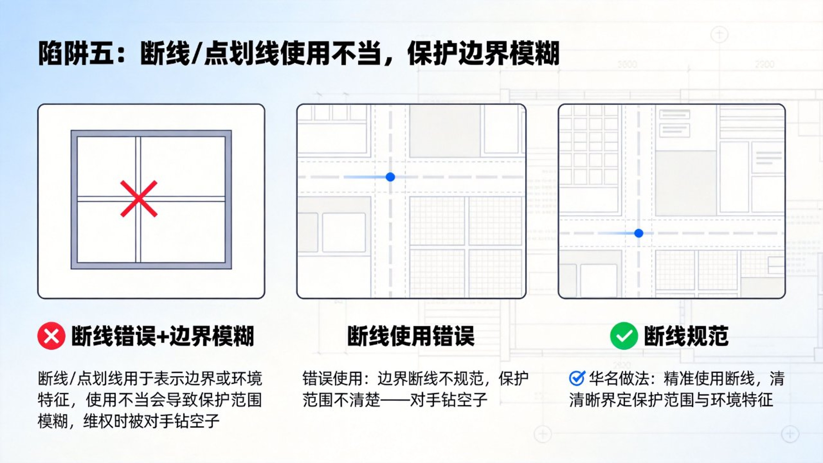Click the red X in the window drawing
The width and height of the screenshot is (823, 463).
point(139,199)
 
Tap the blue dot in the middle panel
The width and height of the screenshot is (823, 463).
point(390,177)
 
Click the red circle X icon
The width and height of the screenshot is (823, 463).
point(51,336)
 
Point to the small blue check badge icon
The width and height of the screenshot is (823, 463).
point(577,378)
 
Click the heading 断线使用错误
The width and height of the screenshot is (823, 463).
point(411,336)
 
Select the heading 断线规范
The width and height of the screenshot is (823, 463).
point(686,336)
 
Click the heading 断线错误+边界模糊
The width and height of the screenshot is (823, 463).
point(162,336)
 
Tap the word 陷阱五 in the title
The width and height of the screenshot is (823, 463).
point(76,54)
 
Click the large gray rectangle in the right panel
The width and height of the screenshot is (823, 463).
point(686,183)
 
